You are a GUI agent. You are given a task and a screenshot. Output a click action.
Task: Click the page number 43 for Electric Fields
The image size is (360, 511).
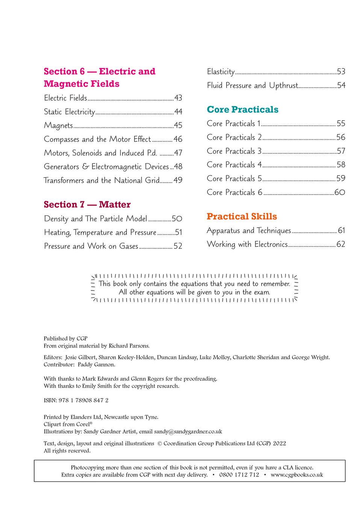click(x=178, y=98)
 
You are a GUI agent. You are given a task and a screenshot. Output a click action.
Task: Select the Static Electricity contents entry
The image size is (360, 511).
click(x=70, y=112)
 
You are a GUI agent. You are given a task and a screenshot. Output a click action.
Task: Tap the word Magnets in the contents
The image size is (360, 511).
click(x=58, y=125)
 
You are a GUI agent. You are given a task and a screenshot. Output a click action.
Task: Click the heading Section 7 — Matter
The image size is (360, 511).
click(x=87, y=204)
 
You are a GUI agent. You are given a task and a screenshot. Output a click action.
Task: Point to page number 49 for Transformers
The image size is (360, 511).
click(x=178, y=180)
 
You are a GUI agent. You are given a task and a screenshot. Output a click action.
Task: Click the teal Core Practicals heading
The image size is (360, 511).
click(x=242, y=110)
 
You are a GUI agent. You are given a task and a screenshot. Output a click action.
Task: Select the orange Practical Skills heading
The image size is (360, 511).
click(x=242, y=216)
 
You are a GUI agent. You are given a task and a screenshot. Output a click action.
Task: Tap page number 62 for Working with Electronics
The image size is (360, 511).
click(x=340, y=244)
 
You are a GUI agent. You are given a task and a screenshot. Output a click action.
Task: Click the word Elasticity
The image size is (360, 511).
click(x=221, y=72)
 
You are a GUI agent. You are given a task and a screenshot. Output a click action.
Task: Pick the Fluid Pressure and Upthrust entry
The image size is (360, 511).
click(x=253, y=86)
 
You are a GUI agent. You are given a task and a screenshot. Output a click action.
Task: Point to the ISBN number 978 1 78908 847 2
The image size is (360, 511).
click(x=83, y=401)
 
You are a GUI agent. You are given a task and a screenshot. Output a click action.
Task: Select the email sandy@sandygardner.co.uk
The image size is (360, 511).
click(x=188, y=432)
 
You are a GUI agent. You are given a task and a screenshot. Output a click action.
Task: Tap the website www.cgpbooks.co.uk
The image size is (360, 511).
click(x=296, y=475)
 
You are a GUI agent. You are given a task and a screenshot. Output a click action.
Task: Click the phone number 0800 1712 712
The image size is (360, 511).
click(x=239, y=475)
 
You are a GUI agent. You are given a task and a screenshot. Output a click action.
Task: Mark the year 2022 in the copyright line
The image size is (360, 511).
click(x=279, y=443)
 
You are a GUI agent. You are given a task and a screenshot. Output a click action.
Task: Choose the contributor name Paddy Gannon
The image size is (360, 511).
click(x=96, y=364)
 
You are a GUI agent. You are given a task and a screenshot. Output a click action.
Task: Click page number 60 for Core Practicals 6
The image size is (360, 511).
click(x=339, y=192)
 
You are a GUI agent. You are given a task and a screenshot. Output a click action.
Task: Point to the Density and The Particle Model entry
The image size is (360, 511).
click(x=95, y=219)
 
